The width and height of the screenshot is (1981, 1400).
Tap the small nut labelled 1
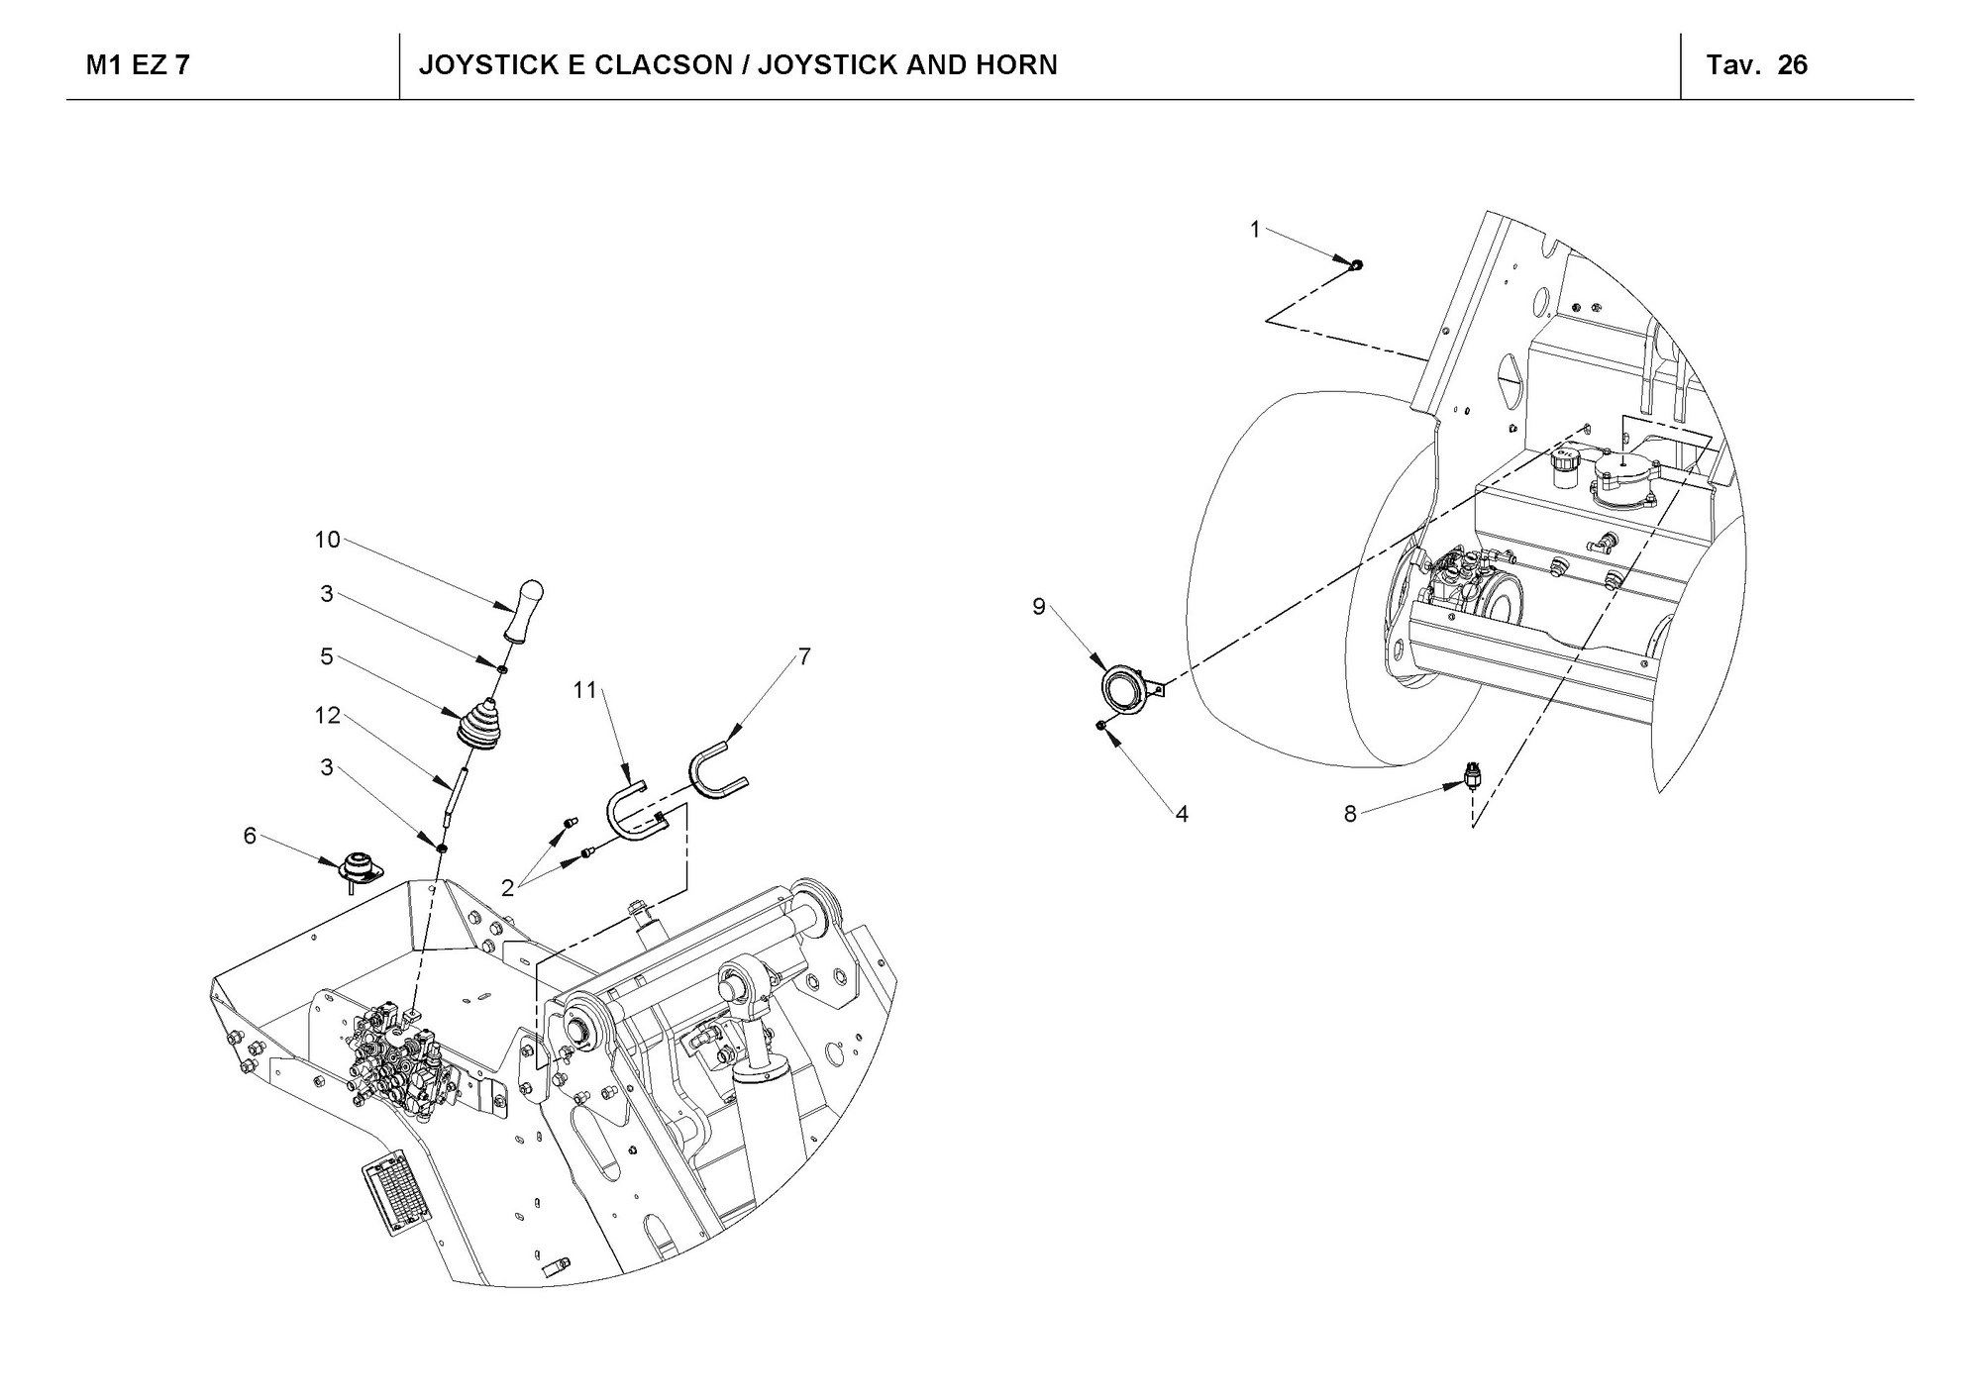[1357, 264]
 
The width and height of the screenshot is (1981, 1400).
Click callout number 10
[327, 540]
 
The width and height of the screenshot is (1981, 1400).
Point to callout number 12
[327, 715]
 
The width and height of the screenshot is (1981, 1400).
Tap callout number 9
[1038, 606]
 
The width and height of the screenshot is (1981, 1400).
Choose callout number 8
[1350, 814]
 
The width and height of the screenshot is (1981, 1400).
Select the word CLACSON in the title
[655, 65]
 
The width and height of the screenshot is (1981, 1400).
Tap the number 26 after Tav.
[1792, 65]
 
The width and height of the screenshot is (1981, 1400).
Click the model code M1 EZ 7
[138, 65]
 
